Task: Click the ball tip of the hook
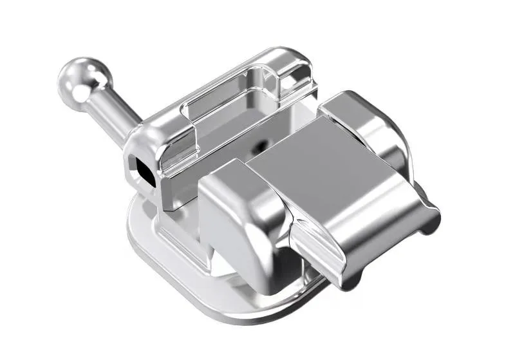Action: pyautogui.click(x=82, y=79)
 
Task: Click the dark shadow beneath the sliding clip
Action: pyautogui.click(x=303, y=270)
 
